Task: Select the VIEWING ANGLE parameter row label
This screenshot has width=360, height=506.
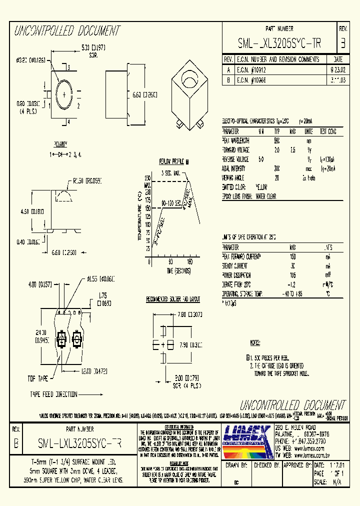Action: [x=236, y=177]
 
